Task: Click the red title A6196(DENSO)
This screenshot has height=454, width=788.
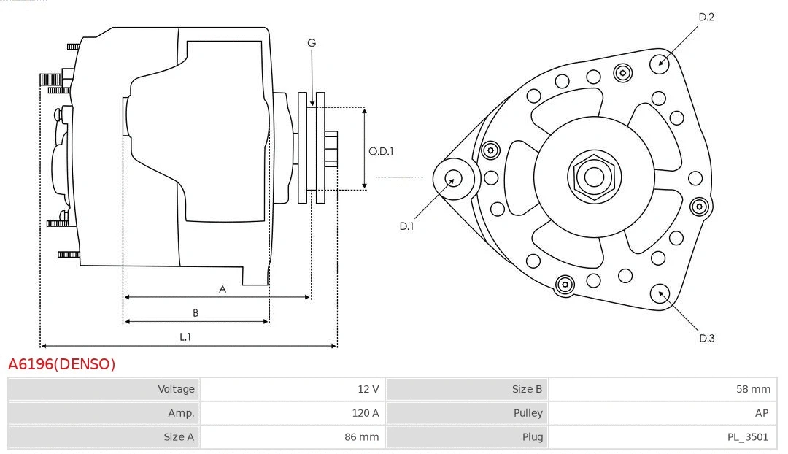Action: tap(61, 363)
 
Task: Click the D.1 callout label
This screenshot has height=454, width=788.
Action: tap(406, 226)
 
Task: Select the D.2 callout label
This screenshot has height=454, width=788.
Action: tap(706, 17)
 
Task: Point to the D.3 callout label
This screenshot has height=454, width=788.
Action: tap(706, 338)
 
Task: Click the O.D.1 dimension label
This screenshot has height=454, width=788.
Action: tap(381, 152)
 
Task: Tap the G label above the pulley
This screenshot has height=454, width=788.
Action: tap(312, 43)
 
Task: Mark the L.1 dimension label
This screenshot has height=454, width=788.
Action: tap(185, 336)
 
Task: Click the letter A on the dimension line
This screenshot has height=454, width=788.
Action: tap(223, 289)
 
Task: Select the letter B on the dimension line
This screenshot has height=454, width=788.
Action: tap(196, 313)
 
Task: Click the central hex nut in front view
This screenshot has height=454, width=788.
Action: tap(594, 177)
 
